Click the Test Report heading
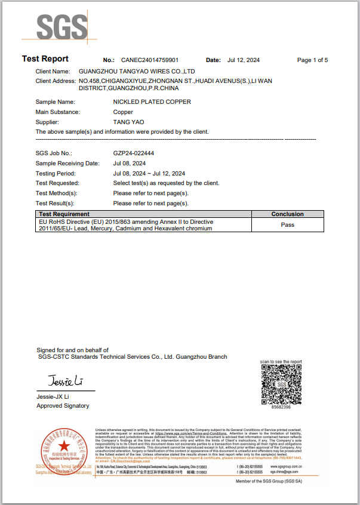click(x=45, y=59)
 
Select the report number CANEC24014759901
click(x=150, y=60)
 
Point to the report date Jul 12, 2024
click(x=244, y=60)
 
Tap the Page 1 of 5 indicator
click(x=312, y=60)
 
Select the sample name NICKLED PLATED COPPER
click(x=152, y=102)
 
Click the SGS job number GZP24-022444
click(x=134, y=153)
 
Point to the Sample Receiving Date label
click(x=67, y=164)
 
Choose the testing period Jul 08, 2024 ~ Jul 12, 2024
click(x=157, y=174)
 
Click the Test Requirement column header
click(x=64, y=214)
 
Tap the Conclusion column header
click(x=287, y=214)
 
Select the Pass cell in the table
click(x=287, y=225)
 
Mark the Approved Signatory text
click(x=63, y=406)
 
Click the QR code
click(x=281, y=384)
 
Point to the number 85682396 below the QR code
click(x=281, y=407)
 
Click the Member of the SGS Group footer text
click(x=269, y=481)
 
